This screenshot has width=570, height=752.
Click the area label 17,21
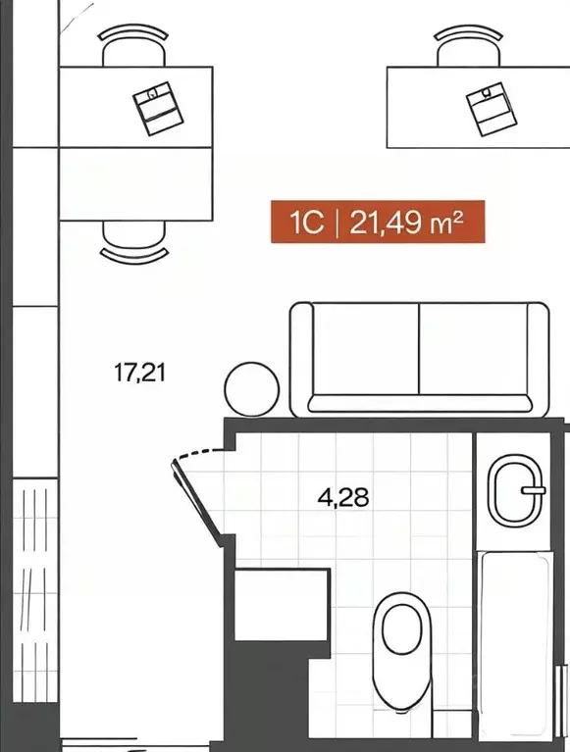coord(139,373)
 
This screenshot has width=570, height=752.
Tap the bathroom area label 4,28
coord(343,497)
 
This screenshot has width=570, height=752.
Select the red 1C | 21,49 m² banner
coord(378,222)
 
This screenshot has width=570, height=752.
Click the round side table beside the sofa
coord(252,389)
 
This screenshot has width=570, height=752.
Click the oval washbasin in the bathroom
coord(514,491)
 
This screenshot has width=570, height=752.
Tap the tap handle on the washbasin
coord(534,490)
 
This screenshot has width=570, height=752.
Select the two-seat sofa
coord(419,359)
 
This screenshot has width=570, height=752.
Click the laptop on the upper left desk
coord(158,109)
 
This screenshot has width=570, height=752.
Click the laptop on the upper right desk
coord(492,109)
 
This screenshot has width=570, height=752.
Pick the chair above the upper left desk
coord(133,46)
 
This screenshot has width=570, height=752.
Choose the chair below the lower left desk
coord(133,242)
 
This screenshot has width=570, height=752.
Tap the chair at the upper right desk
coord(468,46)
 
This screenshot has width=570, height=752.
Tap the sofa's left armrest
coord(301,359)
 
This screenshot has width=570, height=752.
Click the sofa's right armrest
coord(538,359)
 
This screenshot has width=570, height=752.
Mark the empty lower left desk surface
coord(135,184)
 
